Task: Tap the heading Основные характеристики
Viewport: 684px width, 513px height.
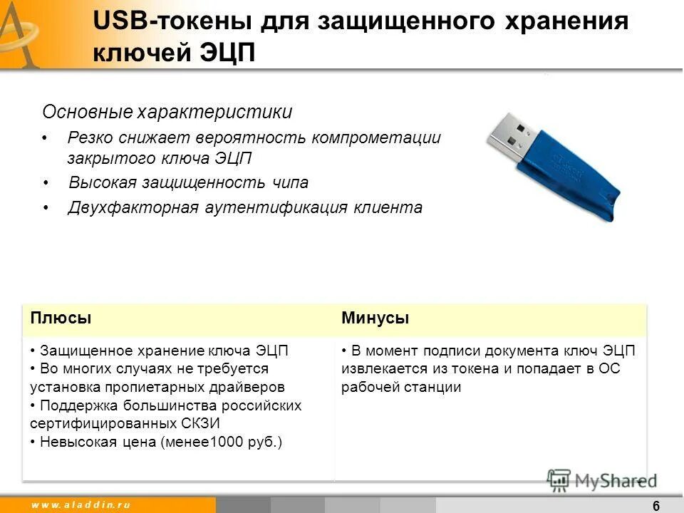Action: [167, 112]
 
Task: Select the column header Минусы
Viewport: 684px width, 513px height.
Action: [375, 318]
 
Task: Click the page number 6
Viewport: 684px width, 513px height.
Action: [655, 505]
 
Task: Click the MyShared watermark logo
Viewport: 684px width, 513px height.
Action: [603, 480]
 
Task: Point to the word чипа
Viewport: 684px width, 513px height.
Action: [289, 182]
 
